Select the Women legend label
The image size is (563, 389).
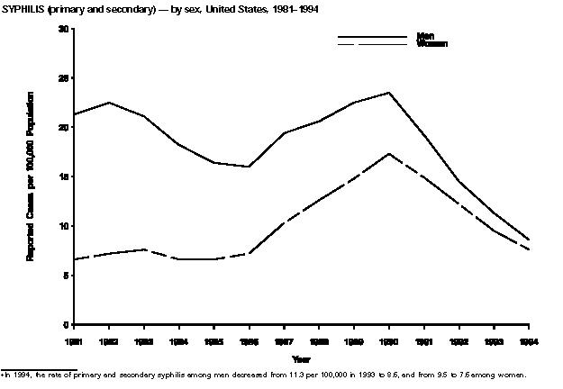click(x=432, y=44)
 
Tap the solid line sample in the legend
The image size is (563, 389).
click(x=371, y=38)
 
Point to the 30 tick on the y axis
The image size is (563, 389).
click(x=64, y=29)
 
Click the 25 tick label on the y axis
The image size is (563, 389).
click(x=64, y=78)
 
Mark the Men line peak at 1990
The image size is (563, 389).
click(x=389, y=93)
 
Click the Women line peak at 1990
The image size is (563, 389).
click(x=389, y=153)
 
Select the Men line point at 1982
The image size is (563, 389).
click(x=110, y=103)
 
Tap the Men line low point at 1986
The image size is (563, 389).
click(x=250, y=167)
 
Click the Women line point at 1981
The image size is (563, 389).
click(x=76, y=259)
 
